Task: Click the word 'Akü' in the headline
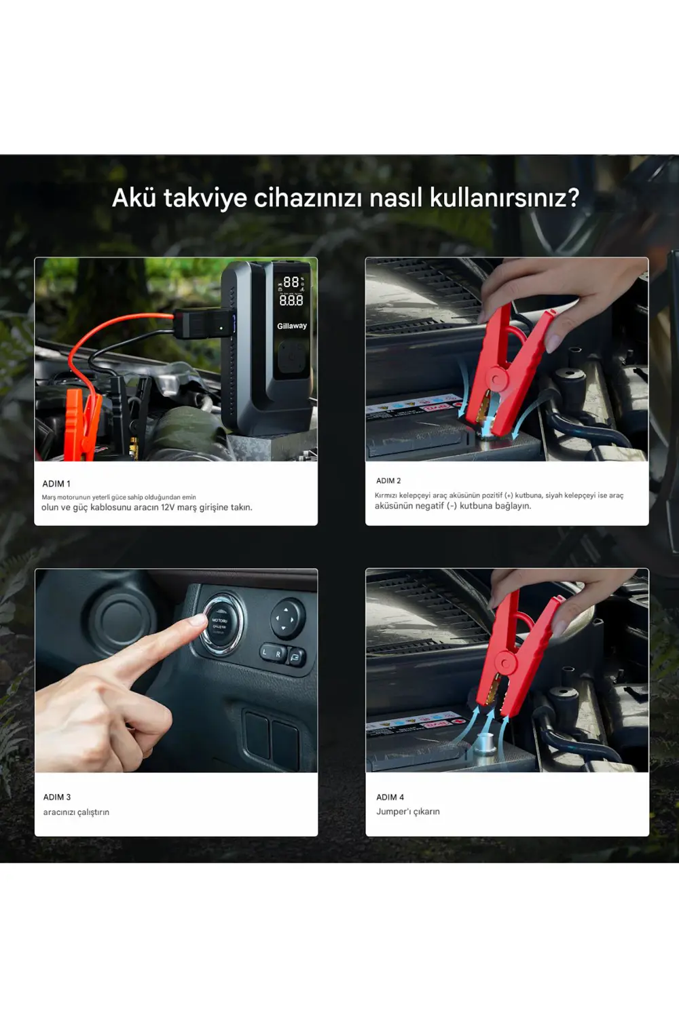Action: (x=134, y=197)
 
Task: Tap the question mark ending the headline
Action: (x=572, y=197)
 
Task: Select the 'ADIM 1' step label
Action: (x=56, y=484)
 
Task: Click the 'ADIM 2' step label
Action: (x=388, y=480)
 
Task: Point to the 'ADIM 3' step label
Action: (x=57, y=797)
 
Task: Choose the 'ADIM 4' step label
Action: (x=390, y=797)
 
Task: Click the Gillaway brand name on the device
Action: (x=292, y=326)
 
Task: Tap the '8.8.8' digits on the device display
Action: (x=291, y=300)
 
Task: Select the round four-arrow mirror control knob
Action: (x=286, y=618)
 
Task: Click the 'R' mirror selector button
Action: (x=278, y=654)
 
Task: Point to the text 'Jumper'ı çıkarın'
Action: (x=408, y=811)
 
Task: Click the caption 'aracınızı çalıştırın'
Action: (x=76, y=812)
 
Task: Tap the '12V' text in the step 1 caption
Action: (x=168, y=507)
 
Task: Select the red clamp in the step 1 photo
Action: (x=82, y=424)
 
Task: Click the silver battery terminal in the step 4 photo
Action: (x=485, y=743)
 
